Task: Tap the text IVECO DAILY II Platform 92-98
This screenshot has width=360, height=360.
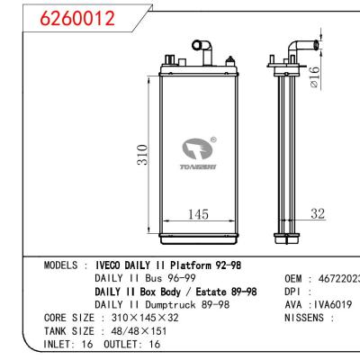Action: [x=173, y=266]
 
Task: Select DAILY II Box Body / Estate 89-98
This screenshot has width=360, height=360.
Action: [x=176, y=292]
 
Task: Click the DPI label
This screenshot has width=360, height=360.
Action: [x=297, y=292]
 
